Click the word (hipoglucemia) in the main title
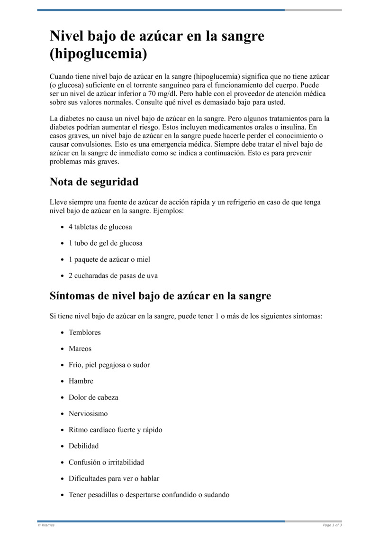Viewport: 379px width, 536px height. [x=98, y=54]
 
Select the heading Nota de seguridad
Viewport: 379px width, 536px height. [x=94, y=182]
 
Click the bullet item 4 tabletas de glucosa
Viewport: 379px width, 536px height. [x=100, y=227]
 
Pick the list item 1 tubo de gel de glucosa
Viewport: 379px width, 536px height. [x=105, y=243]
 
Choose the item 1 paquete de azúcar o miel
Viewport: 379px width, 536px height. [x=109, y=259]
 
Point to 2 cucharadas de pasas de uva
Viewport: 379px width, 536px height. [x=113, y=276]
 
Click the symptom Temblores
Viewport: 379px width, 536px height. [x=85, y=333]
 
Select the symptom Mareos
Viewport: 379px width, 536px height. [x=80, y=349]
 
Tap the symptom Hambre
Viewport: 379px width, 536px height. [x=81, y=381]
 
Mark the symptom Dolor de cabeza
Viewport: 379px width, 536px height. [x=93, y=397]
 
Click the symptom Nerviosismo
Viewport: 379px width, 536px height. [x=88, y=414]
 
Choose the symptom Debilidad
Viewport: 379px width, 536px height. [x=84, y=446]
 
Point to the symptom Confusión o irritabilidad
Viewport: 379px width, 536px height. [x=106, y=462]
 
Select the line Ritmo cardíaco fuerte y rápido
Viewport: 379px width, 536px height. [x=115, y=430]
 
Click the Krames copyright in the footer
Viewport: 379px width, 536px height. [x=46, y=525]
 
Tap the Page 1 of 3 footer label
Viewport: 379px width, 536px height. [x=332, y=525]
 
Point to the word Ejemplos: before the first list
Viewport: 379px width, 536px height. [x=168, y=211]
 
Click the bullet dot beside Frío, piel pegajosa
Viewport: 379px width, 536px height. [x=63, y=365]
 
